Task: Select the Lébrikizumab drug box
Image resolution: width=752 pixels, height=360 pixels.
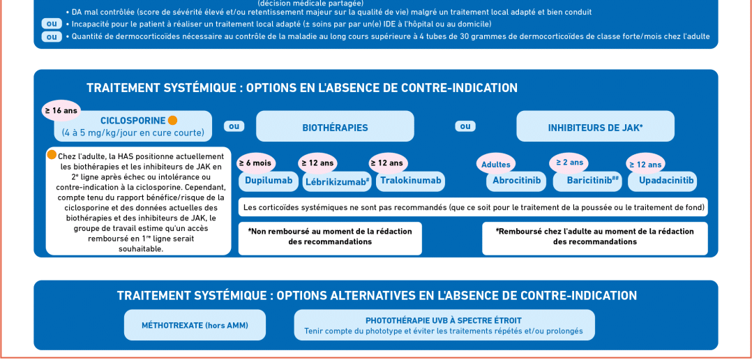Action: pyautogui.click(x=337, y=182)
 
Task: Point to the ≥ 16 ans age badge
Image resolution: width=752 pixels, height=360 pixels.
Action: pyautogui.click(x=61, y=110)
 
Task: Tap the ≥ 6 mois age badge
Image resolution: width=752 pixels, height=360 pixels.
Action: pyautogui.click(x=255, y=163)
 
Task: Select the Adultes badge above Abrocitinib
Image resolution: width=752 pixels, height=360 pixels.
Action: pyautogui.click(x=496, y=165)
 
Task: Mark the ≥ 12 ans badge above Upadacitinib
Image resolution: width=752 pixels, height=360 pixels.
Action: pyautogui.click(x=645, y=165)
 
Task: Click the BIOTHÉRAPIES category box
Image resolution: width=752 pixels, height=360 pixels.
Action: pyautogui.click(x=335, y=128)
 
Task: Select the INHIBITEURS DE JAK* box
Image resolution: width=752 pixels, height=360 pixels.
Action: pyautogui.click(x=595, y=128)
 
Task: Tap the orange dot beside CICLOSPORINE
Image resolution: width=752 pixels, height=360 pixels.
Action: pyautogui.click(x=172, y=120)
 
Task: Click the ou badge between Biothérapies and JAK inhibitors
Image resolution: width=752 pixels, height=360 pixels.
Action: pyautogui.click(x=465, y=126)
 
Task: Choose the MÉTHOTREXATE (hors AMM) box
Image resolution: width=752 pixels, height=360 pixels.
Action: pyautogui.click(x=195, y=325)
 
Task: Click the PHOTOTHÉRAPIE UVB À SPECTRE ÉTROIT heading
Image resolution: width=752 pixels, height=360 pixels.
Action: pyautogui.click(x=444, y=320)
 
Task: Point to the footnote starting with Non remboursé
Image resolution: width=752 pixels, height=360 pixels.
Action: pyautogui.click(x=330, y=237)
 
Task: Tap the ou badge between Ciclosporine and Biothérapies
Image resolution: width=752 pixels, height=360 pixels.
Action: pyautogui.click(x=234, y=126)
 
